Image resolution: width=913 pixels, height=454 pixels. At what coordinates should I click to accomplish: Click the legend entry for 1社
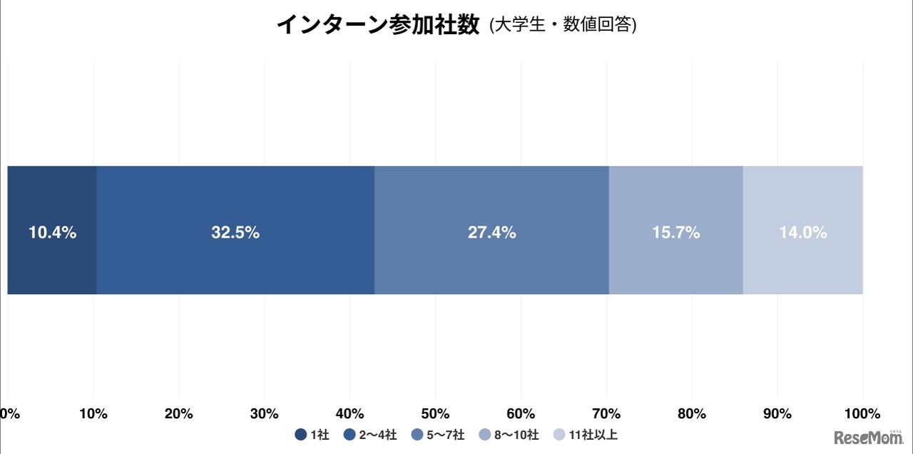pyautogui.click(x=312, y=435)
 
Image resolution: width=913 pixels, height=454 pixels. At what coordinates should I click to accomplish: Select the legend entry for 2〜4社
pyautogui.click(x=370, y=435)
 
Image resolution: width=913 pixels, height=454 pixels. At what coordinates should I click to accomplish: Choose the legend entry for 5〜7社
pyautogui.click(x=438, y=435)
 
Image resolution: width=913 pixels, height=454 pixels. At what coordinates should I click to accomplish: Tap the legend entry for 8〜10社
pyautogui.click(x=509, y=435)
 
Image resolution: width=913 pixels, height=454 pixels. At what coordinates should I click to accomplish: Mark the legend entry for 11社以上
pyautogui.click(x=590, y=435)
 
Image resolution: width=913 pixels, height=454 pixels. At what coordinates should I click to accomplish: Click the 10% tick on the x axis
pyautogui.click(x=93, y=413)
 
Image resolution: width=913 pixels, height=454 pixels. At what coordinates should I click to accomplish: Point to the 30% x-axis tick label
pyautogui.click(x=265, y=413)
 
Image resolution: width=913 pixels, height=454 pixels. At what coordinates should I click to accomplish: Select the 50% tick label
pyautogui.click(x=435, y=413)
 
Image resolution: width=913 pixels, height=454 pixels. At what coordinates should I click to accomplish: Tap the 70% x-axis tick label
pyautogui.click(x=606, y=413)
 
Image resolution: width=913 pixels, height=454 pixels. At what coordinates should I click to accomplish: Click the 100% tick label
pyautogui.click(x=862, y=413)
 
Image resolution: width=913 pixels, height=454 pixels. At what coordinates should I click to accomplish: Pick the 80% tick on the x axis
pyautogui.click(x=692, y=413)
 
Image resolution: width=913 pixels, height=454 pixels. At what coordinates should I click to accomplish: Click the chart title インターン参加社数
pyautogui.click(x=377, y=25)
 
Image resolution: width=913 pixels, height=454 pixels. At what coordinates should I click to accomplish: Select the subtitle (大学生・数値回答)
pyautogui.click(x=563, y=26)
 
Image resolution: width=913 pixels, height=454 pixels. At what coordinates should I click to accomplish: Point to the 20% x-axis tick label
pyautogui.click(x=179, y=413)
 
